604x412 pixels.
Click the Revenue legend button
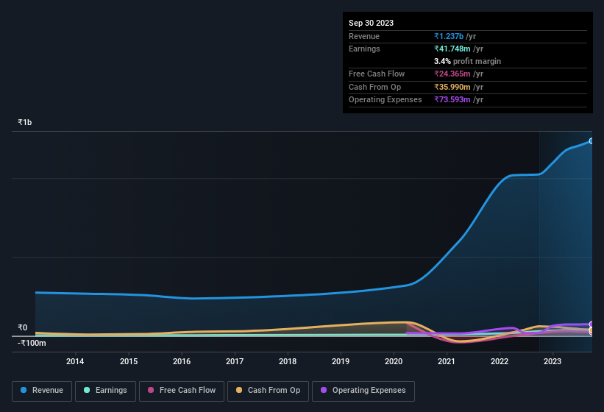pyautogui.click(x=42, y=391)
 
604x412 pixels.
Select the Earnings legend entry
pyautogui.click(x=105, y=391)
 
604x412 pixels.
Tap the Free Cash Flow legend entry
pyautogui.click(x=181, y=391)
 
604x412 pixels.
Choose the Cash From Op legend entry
pyautogui.click(x=267, y=391)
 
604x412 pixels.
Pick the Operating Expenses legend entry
pyautogui.click(x=363, y=391)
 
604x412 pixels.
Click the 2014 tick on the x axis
pyautogui.click(x=75, y=361)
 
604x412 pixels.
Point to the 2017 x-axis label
pyautogui.click(x=235, y=361)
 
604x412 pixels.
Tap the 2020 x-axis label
pyautogui.click(x=394, y=361)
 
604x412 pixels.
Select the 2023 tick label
pyautogui.click(x=553, y=361)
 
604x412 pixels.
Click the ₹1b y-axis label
pyautogui.click(x=25, y=122)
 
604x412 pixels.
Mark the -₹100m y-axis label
pyautogui.click(x=32, y=343)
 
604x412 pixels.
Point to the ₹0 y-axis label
pyautogui.click(x=23, y=328)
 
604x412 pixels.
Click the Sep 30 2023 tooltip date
pyautogui.click(x=371, y=23)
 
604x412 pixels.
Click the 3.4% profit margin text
pyautogui.click(x=467, y=61)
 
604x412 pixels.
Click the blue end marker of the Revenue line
pyautogui.click(x=591, y=141)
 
